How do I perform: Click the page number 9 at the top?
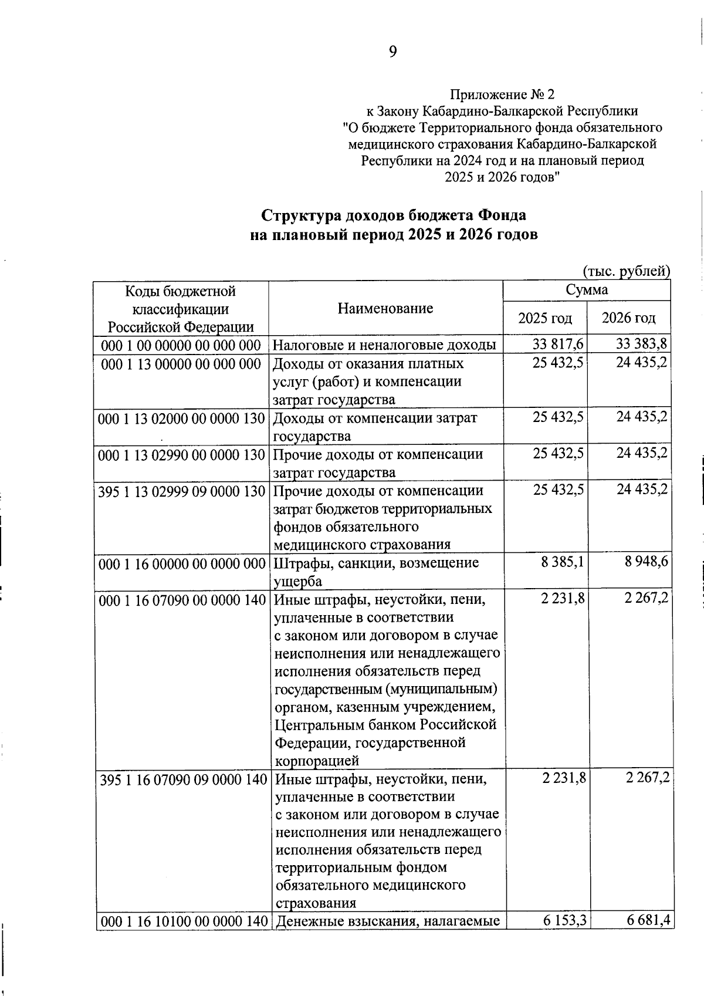392,52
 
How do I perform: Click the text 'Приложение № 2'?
502,94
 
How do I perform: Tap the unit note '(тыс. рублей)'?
626,271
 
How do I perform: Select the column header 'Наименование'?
385,308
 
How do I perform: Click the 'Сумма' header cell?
587,290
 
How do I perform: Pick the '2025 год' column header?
545,318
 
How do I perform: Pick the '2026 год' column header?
629,318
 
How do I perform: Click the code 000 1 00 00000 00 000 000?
181,345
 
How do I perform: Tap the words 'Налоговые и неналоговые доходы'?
385,345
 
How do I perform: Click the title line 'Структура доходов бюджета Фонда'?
394,215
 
